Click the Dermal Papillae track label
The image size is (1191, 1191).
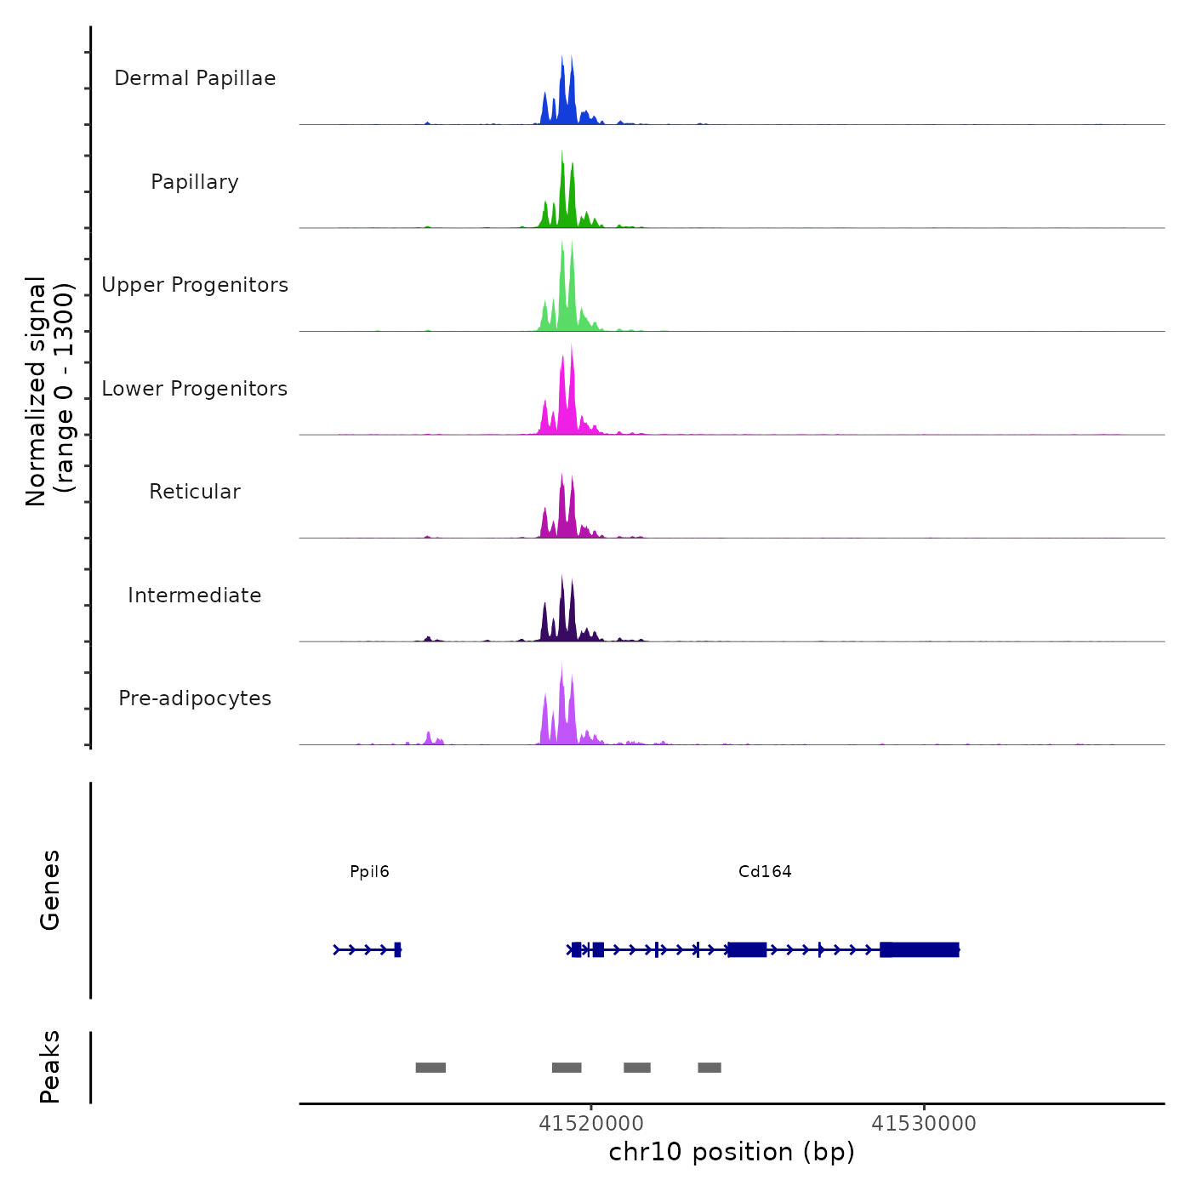[x=195, y=78]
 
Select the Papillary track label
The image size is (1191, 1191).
[x=195, y=182]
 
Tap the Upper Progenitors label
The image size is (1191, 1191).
[x=195, y=285]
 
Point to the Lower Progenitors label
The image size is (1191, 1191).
[x=195, y=389]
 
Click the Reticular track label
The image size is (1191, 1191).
[x=195, y=492]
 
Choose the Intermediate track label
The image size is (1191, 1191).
[x=195, y=595]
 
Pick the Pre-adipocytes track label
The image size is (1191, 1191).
[x=195, y=698]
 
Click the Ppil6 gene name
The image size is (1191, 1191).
[x=369, y=871]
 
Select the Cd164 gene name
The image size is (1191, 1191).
[x=765, y=871]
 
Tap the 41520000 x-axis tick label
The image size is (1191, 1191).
[x=591, y=1124]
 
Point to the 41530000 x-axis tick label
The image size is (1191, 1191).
[x=924, y=1124]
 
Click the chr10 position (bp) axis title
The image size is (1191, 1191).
[x=732, y=1152]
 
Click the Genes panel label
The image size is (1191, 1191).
[x=50, y=890]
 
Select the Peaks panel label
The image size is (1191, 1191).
[x=50, y=1067]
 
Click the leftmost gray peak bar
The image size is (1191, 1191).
[x=430, y=1068]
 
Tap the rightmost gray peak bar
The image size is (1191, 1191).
[x=709, y=1068]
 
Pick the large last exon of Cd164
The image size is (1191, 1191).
[x=920, y=949]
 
